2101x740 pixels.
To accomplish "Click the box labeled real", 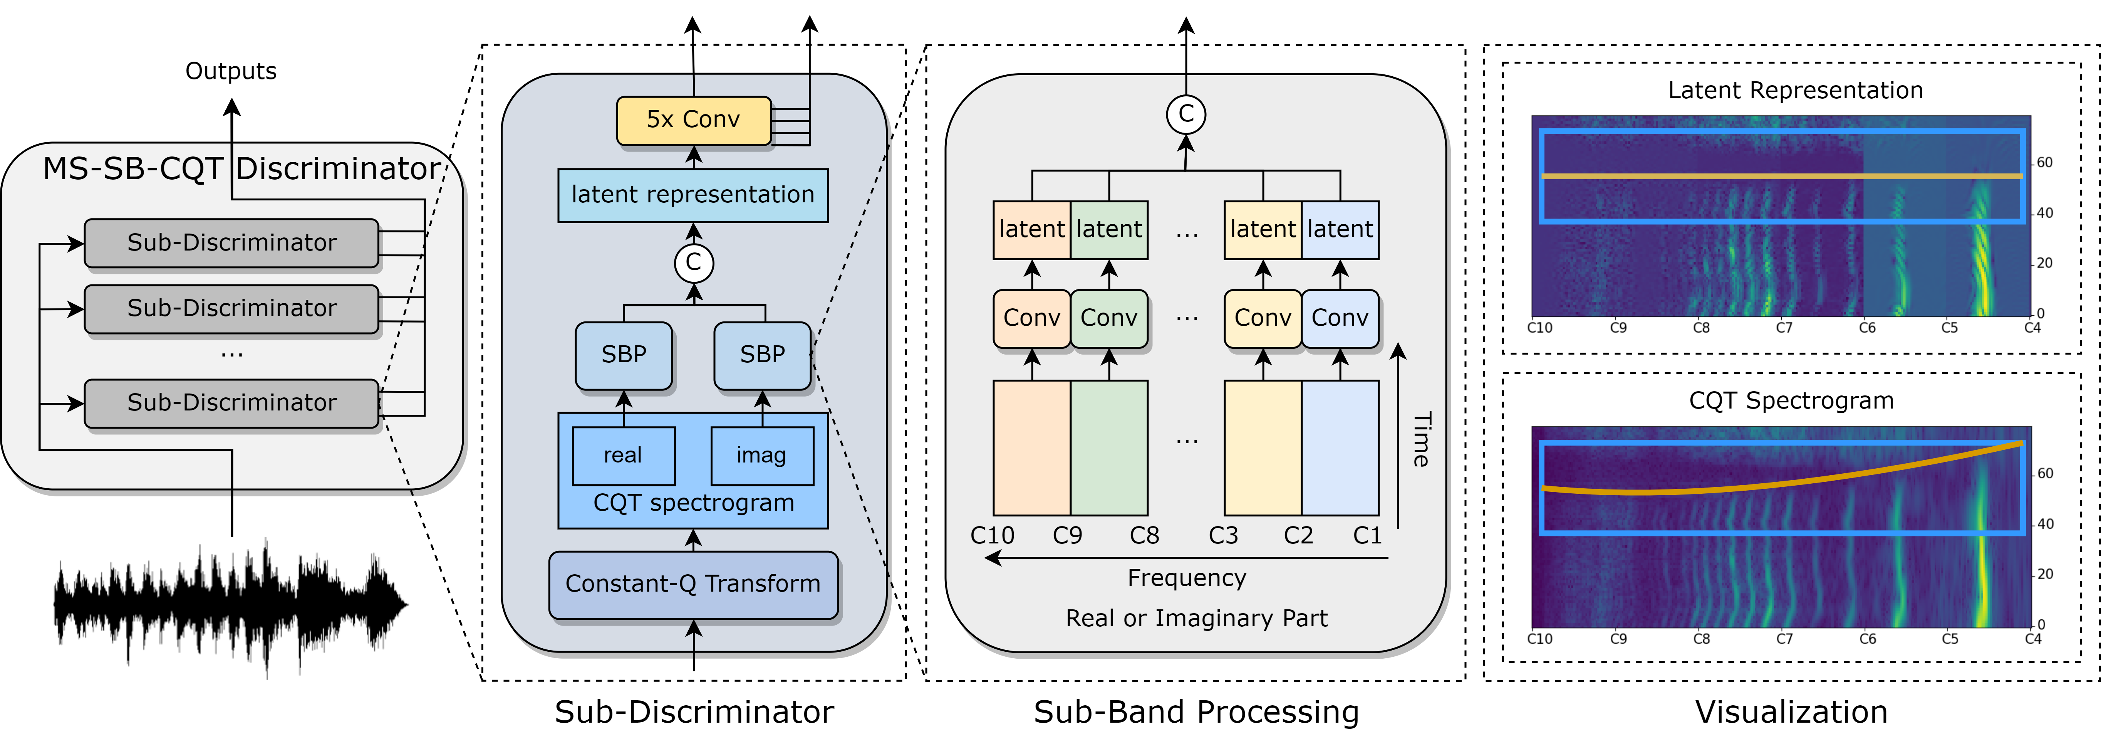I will point(623,455).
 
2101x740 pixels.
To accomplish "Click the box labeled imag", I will point(762,455).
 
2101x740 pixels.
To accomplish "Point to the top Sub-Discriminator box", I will point(231,242).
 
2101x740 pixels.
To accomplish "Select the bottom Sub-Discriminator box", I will point(231,402).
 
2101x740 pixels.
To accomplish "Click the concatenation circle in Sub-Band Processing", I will point(1186,114).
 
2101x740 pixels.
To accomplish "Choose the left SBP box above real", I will point(624,355).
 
